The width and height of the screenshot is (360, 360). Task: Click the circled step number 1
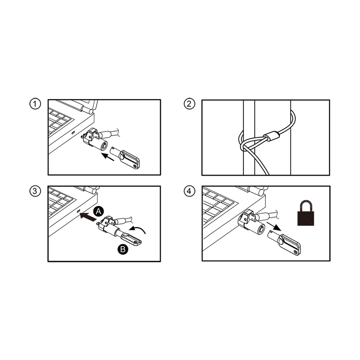(x=35, y=104)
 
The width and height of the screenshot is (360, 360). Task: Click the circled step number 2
(x=189, y=104)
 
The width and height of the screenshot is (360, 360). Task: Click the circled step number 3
(x=35, y=191)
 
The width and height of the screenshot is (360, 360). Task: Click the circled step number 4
(x=189, y=191)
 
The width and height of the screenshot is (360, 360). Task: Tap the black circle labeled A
(x=98, y=211)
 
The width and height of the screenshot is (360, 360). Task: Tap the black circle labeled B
(x=123, y=249)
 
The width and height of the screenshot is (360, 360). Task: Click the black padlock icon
(x=306, y=213)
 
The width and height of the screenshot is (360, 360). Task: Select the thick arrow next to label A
(x=88, y=217)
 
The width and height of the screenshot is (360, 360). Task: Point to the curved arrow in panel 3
(x=137, y=230)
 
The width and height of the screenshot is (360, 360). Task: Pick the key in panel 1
(x=125, y=157)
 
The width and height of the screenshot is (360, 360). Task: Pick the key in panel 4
(x=285, y=242)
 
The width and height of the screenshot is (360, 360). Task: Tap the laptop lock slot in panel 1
(x=73, y=133)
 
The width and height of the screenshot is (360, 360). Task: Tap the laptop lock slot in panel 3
(x=78, y=211)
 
